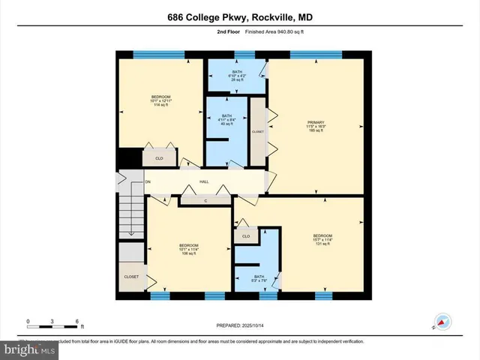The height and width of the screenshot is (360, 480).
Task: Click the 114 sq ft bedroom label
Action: click(x=161, y=101)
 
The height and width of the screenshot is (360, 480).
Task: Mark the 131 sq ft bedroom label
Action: click(x=322, y=240)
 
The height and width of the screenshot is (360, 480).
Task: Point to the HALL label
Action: click(x=203, y=182)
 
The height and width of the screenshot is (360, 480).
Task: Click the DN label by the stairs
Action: click(x=127, y=182)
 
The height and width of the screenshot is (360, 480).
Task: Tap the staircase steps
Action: click(x=130, y=217)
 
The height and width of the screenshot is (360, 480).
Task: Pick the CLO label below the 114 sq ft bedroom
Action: click(x=159, y=158)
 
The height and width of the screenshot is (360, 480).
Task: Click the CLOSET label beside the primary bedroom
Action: click(x=257, y=131)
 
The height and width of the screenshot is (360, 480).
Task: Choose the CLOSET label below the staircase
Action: click(x=130, y=277)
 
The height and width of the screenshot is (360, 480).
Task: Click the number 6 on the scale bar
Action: click(x=77, y=321)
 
